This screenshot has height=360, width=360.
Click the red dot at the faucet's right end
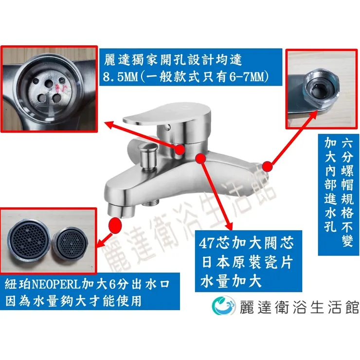pyautogui.click(x=268, y=166)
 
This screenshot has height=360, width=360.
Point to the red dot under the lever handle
pyautogui.click(x=180, y=150)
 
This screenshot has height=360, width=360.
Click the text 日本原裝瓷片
pyautogui.click(x=247, y=262)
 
